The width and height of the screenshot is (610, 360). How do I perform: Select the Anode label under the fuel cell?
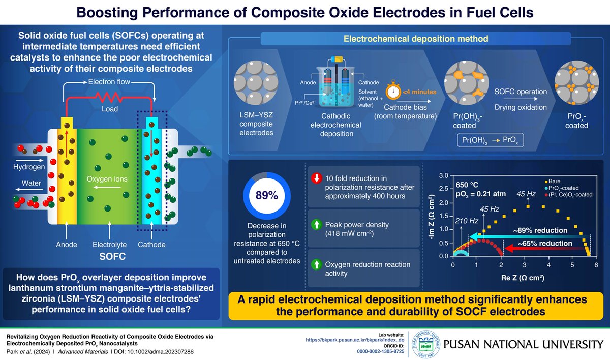(x=66, y=245)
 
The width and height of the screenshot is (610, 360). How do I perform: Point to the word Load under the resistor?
(x=110, y=109)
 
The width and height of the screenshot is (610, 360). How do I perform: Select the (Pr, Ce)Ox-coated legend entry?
(x=564, y=195)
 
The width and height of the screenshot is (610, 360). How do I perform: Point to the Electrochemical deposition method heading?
(x=415, y=39)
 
